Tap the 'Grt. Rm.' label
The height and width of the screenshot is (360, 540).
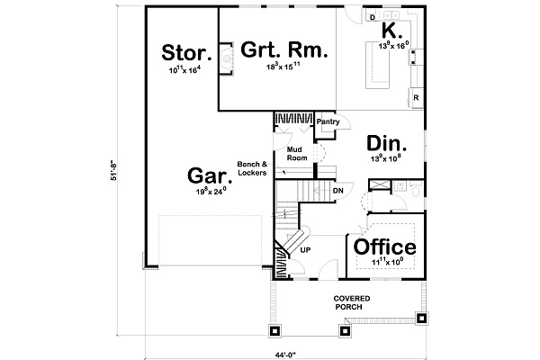283,49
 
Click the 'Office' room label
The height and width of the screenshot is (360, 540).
384,247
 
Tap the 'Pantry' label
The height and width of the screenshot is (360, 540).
327,121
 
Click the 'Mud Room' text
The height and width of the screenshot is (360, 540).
297,153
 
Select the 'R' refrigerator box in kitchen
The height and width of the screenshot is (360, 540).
416,97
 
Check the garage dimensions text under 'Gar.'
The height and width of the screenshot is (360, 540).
206,191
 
